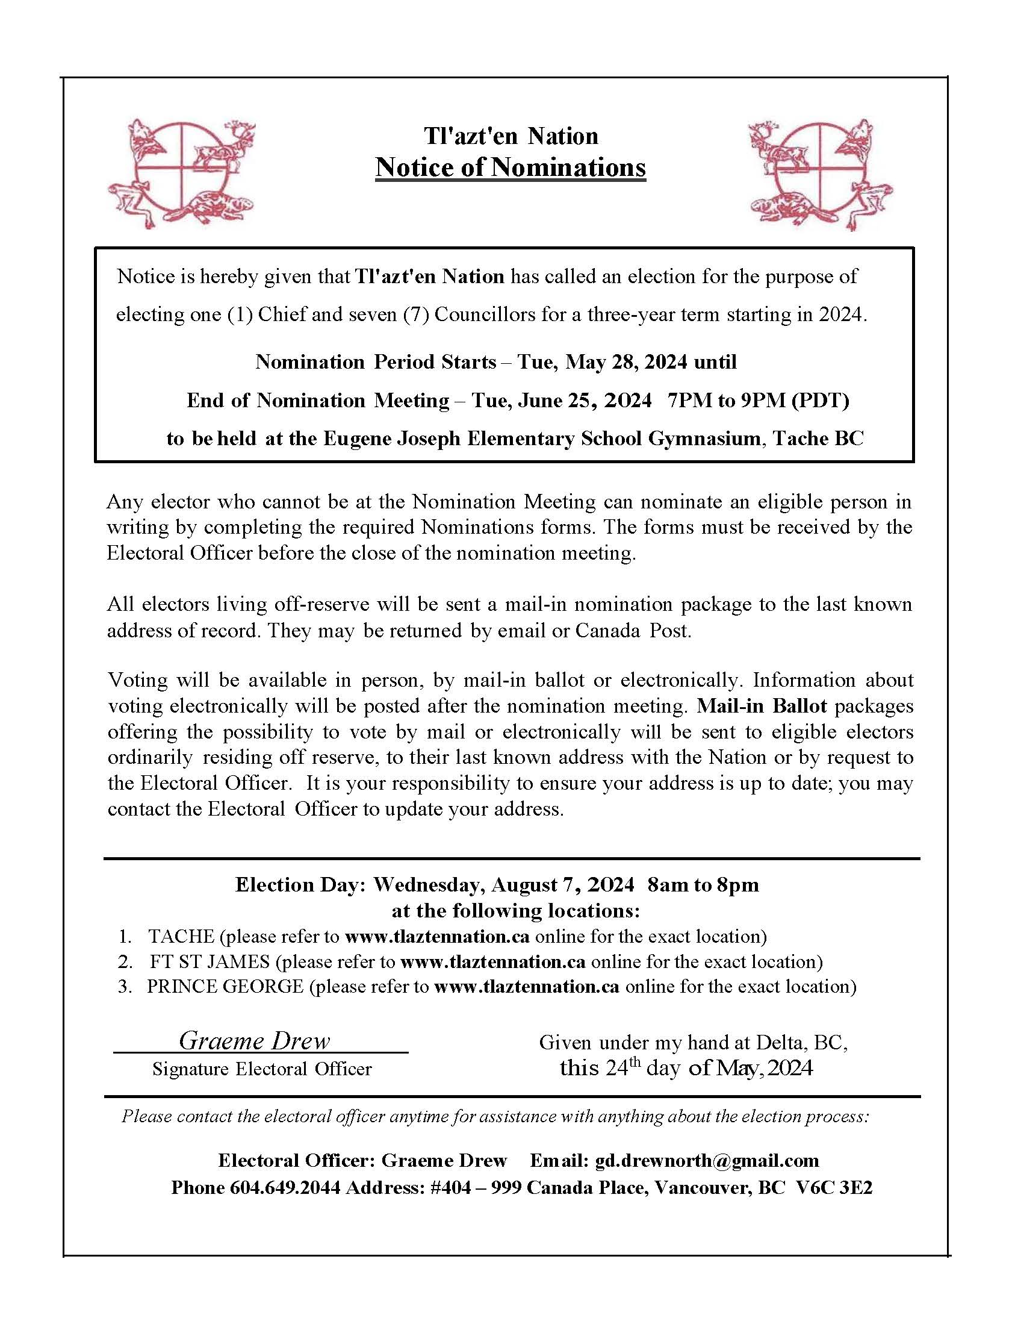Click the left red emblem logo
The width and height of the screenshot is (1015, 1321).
pos(181,173)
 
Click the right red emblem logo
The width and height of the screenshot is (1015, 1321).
pos(820,173)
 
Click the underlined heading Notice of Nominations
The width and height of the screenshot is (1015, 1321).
pos(511,167)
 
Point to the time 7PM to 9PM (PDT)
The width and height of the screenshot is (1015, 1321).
pos(758,400)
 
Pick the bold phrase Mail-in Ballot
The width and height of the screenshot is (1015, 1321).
pos(762,706)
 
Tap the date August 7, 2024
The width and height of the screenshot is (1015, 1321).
pos(562,884)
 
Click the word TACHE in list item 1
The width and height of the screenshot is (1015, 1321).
pos(181,936)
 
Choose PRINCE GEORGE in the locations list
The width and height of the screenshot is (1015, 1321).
pos(225,986)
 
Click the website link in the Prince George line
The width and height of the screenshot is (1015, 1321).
pos(527,986)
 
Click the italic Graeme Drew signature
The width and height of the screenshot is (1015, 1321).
pos(255,1040)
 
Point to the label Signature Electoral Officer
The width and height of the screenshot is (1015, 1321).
pos(262,1069)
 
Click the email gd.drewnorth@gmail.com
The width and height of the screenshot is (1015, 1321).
pos(707,1160)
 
